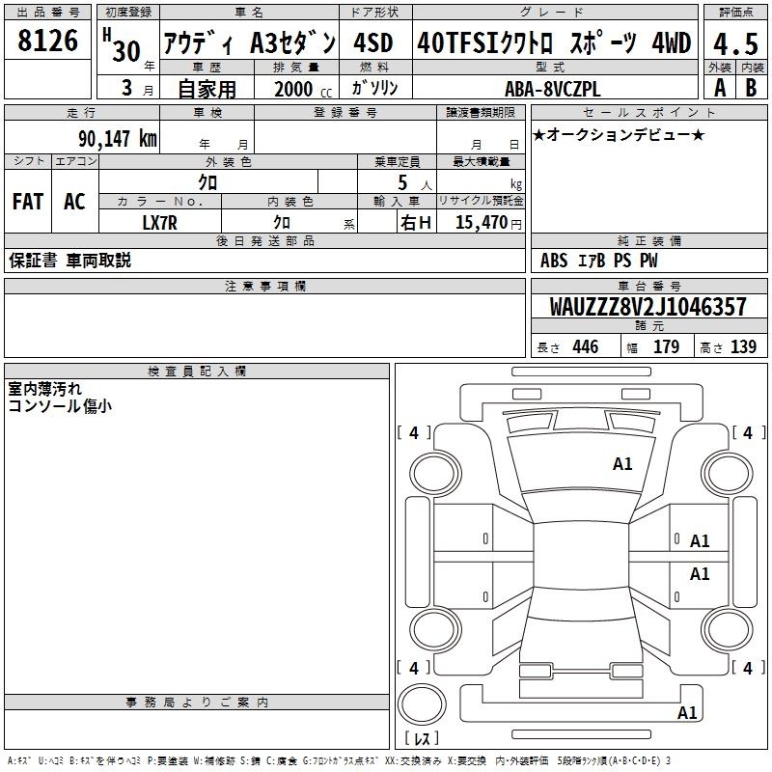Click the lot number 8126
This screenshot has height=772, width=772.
click(47, 41)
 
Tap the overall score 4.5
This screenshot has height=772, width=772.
click(735, 44)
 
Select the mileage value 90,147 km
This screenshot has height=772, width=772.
click(118, 139)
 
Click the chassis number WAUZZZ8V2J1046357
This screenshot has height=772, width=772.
click(648, 307)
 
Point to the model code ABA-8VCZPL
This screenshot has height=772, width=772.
click(553, 89)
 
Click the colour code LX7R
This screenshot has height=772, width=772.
click(159, 223)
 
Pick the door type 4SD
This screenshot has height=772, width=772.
click(373, 42)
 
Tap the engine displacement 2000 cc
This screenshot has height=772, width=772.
click(303, 89)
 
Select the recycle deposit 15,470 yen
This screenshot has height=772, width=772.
click(488, 223)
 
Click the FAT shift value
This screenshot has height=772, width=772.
click(28, 202)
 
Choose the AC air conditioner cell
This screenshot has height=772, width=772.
click(74, 202)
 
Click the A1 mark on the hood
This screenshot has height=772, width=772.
click(622, 464)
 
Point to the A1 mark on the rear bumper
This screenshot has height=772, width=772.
click(687, 712)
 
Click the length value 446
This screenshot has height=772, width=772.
click(586, 346)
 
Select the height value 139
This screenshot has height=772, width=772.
click(743, 346)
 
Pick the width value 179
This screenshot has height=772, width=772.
click(666, 346)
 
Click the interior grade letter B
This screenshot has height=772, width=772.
click(751, 88)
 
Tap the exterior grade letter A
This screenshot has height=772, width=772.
click(720, 88)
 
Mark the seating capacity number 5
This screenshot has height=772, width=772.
click(402, 183)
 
